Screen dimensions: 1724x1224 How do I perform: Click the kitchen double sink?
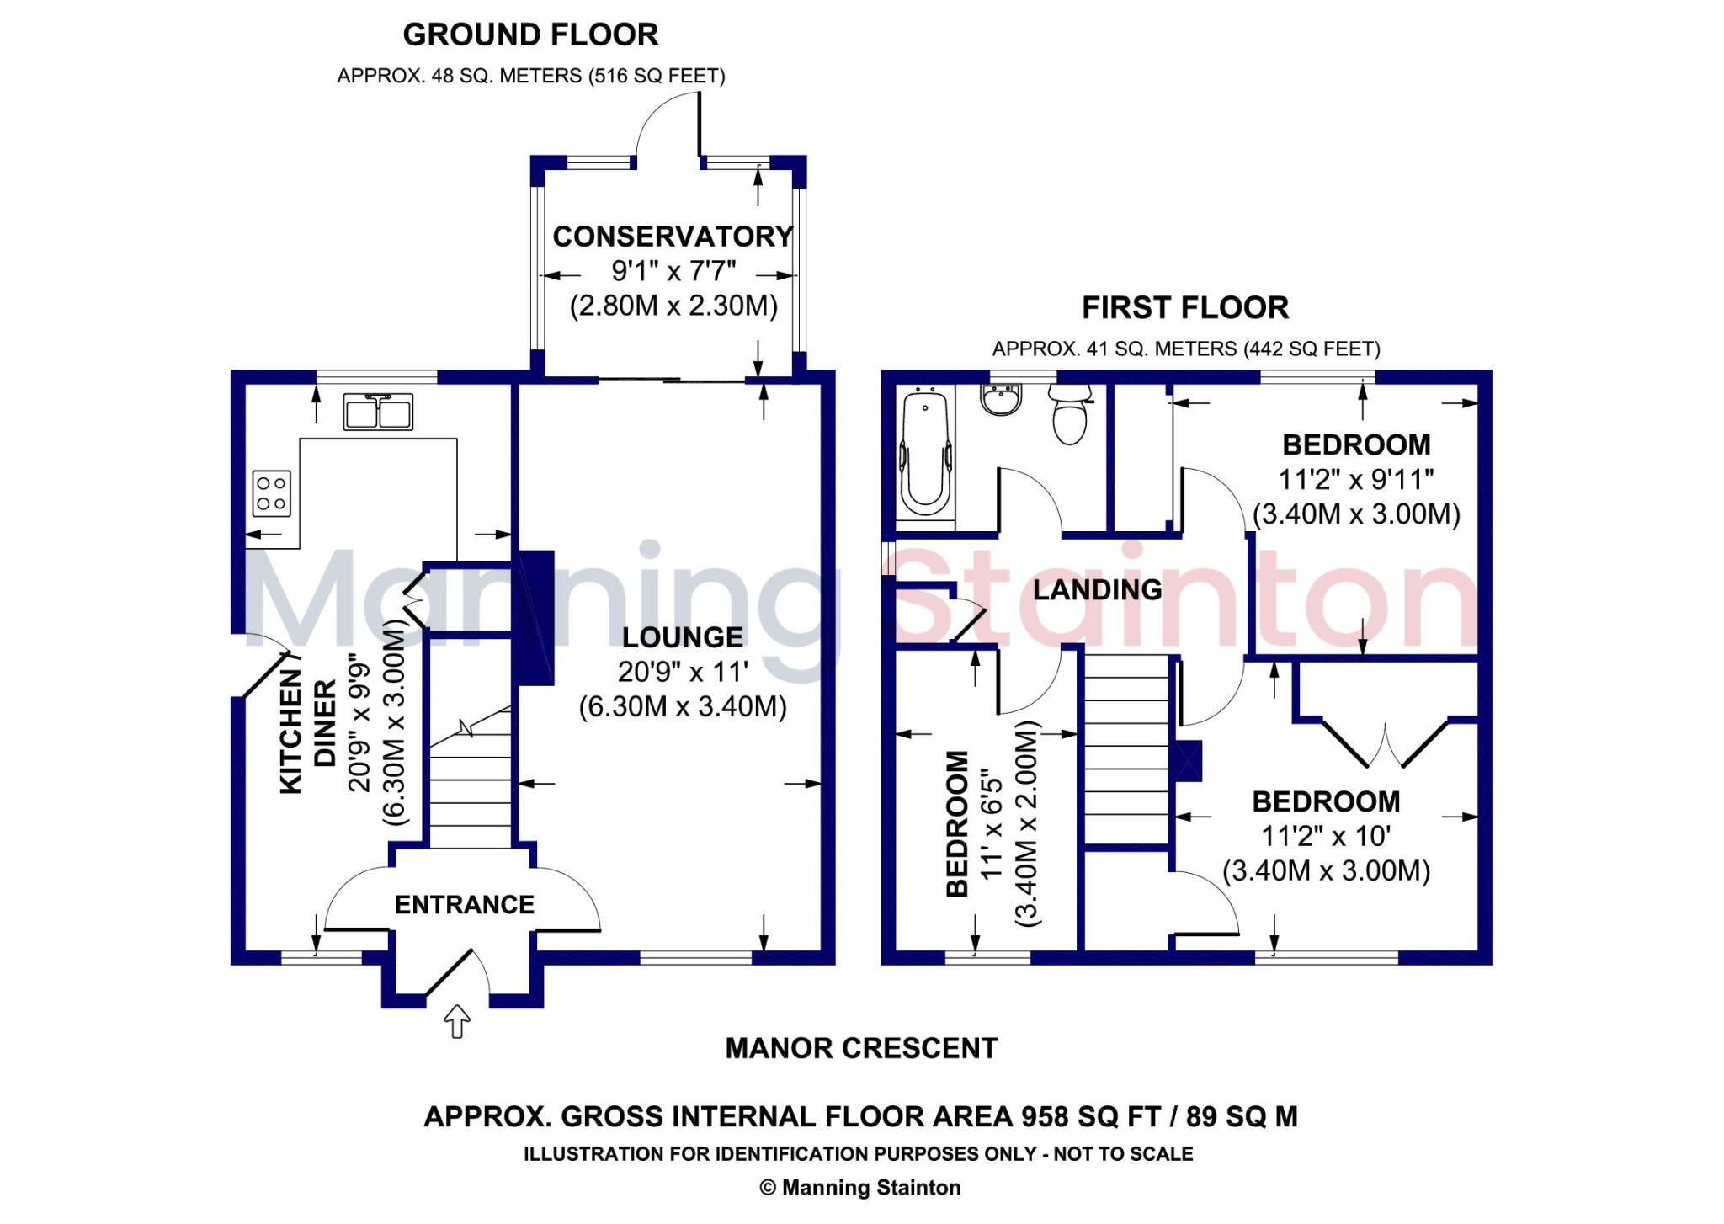point(378,412)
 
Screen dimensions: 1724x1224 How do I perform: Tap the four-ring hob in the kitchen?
point(272,493)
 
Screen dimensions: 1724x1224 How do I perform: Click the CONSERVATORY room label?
point(673,237)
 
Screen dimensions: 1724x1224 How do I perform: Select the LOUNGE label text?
point(683,638)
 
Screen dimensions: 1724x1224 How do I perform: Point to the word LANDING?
point(1097,590)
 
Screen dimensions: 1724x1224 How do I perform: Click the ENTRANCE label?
point(465,905)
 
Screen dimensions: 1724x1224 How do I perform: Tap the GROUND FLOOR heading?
point(530,35)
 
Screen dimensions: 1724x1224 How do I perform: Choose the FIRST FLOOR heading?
point(1185,308)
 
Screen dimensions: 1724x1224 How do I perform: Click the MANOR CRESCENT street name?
point(861,1049)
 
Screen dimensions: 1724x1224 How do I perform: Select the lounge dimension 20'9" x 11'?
point(683,673)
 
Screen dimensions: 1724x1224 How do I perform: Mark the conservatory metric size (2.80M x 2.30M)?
point(673,306)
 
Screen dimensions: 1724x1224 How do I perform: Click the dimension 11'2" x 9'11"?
point(1356,480)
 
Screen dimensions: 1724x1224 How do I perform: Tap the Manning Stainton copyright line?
point(859,1188)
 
